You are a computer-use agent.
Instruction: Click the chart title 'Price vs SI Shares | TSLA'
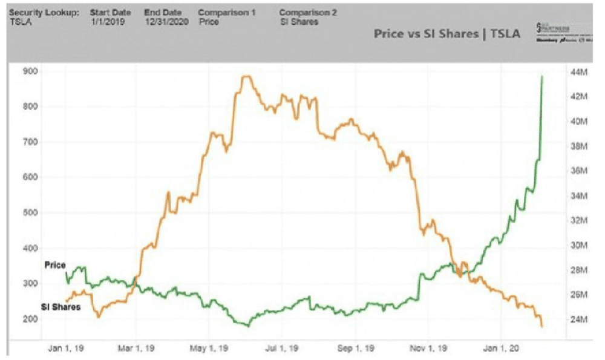[447, 34]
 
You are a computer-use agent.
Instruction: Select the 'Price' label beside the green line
[55, 265]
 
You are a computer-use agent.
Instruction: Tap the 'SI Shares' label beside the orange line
[61, 307]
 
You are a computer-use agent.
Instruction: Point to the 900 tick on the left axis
[30, 71]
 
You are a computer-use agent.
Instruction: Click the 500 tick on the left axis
[30, 212]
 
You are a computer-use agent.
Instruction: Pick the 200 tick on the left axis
[30, 319]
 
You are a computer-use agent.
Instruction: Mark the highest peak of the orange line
[244, 76]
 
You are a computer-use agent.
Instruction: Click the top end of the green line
[542, 76]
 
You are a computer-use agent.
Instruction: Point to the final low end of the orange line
[542, 327]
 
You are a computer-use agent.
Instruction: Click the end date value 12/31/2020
[166, 21]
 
